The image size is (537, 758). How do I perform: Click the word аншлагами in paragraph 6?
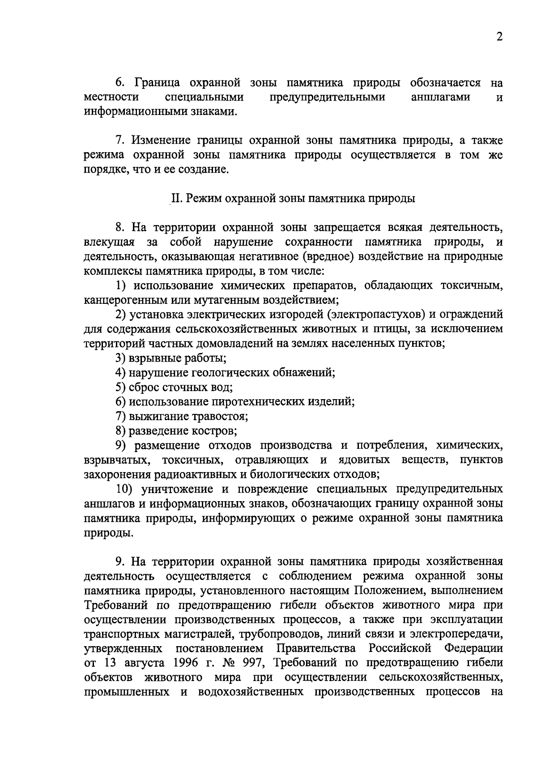click(440, 97)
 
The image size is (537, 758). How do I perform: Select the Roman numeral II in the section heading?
click(175, 199)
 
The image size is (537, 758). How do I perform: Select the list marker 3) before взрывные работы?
click(120, 358)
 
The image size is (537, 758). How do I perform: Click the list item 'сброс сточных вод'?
click(181, 387)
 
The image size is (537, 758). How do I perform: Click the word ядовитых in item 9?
click(364, 460)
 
